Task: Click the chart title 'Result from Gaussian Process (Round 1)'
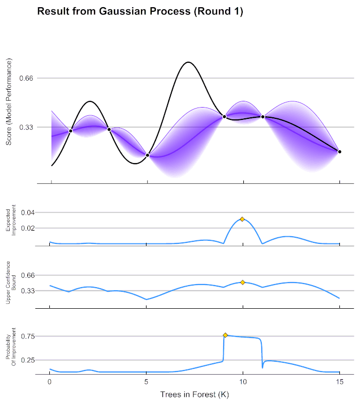coord(140,12)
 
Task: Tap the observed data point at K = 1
coord(70,131)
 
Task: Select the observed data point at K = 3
coord(109,129)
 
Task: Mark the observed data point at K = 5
coord(148,155)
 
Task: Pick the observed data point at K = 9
coord(224,117)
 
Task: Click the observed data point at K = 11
coord(263,117)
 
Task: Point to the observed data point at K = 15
coord(339,151)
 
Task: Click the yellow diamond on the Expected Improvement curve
coord(242,219)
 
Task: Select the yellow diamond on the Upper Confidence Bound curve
coord(242,282)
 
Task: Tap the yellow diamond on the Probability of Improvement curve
coord(225,335)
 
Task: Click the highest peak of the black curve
coord(188,62)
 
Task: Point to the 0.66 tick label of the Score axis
coord(26,78)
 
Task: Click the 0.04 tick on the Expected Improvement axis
coord(26,213)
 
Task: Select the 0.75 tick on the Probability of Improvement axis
coord(26,337)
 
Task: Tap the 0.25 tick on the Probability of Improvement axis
coord(26,360)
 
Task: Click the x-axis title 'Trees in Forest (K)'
coord(195,395)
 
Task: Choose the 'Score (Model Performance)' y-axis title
coord(9,103)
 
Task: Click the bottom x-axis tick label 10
coord(243,382)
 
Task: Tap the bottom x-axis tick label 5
coord(147,382)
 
